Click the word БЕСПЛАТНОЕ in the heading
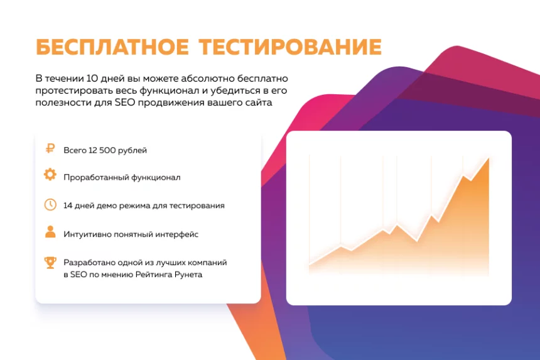(x=112, y=47)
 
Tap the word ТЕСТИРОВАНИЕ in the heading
(x=290, y=47)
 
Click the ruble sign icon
(x=50, y=148)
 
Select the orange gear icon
(x=50, y=175)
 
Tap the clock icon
(x=50, y=204)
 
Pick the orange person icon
(x=50, y=232)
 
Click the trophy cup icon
(x=50, y=263)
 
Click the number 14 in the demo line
(x=68, y=205)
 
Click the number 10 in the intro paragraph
(x=92, y=79)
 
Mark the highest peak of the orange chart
(x=489, y=158)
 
